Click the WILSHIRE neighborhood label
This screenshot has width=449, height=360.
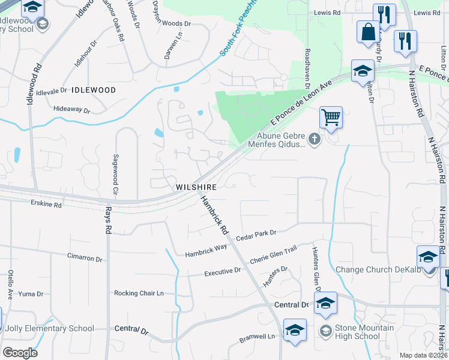coord(196,187)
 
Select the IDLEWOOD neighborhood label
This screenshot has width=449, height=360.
coord(93,90)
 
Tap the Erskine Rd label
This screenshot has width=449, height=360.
coord(46,205)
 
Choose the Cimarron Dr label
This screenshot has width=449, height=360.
coord(85,257)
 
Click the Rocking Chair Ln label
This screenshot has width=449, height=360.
coord(139,293)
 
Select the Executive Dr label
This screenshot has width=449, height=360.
coord(222,271)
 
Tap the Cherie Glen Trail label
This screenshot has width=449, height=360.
coord(273,259)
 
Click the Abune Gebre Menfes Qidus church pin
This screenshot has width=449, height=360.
coord(315,140)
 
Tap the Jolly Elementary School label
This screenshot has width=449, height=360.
coord(48,328)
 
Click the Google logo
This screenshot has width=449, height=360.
coord(20,353)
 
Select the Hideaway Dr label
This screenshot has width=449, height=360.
coord(71,110)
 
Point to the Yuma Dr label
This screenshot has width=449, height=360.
coord(31,294)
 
